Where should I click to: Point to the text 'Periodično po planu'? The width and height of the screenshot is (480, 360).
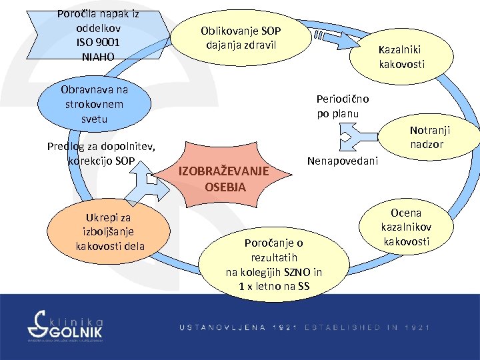[343, 106]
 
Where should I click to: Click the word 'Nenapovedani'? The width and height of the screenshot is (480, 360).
[342, 161]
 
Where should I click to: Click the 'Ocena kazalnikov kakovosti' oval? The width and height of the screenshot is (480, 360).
[406, 227]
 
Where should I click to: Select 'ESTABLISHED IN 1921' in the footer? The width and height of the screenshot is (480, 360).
[367, 327]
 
